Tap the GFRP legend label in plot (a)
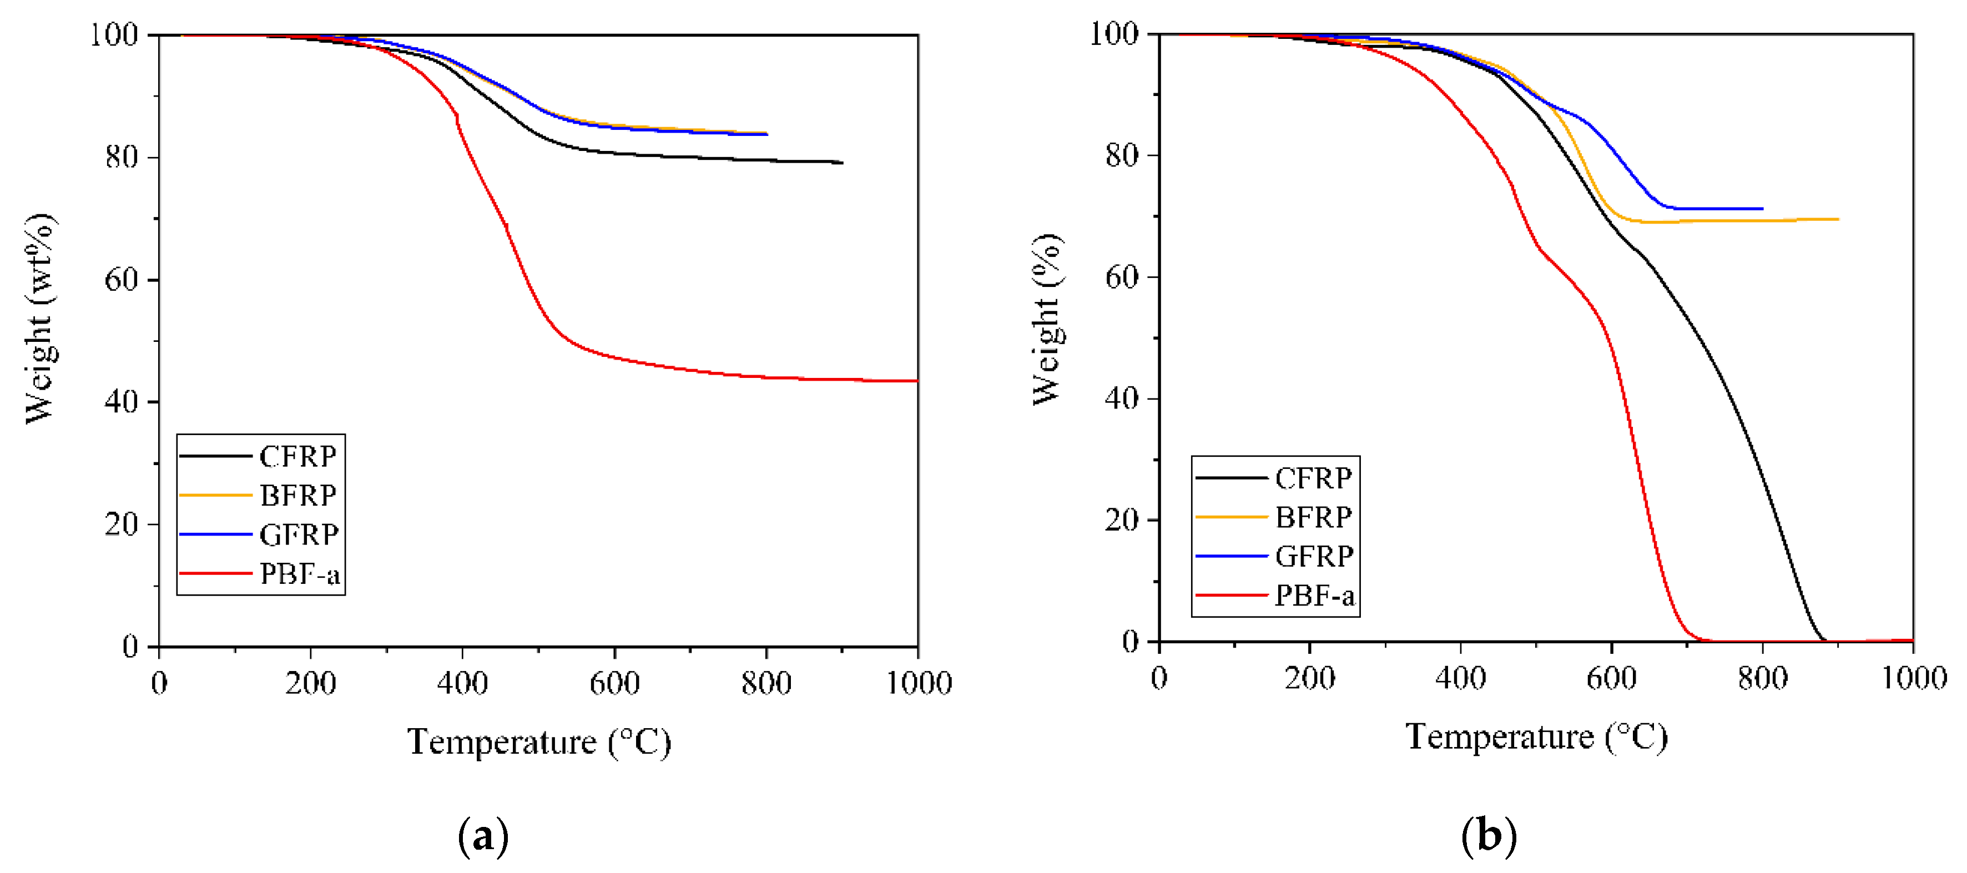[x=299, y=534]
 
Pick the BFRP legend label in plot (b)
[x=1313, y=517]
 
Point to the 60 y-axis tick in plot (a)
[x=120, y=280]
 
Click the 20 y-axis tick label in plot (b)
[x=1122, y=520]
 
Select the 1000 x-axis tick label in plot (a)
[x=919, y=682]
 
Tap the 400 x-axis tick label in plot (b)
[x=1460, y=678]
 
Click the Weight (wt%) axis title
[x=40, y=319]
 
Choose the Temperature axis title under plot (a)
[x=538, y=741]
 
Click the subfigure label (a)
[x=482, y=836]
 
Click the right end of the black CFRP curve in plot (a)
[x=842, y=163]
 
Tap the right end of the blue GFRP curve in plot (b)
[x=1762, y=209]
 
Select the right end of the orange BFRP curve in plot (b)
[x=1838, y=219]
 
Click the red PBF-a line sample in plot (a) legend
[x=215, y=573]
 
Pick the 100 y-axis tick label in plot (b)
[x=1113, y=34]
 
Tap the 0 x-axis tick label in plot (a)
[x=159, y=682]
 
